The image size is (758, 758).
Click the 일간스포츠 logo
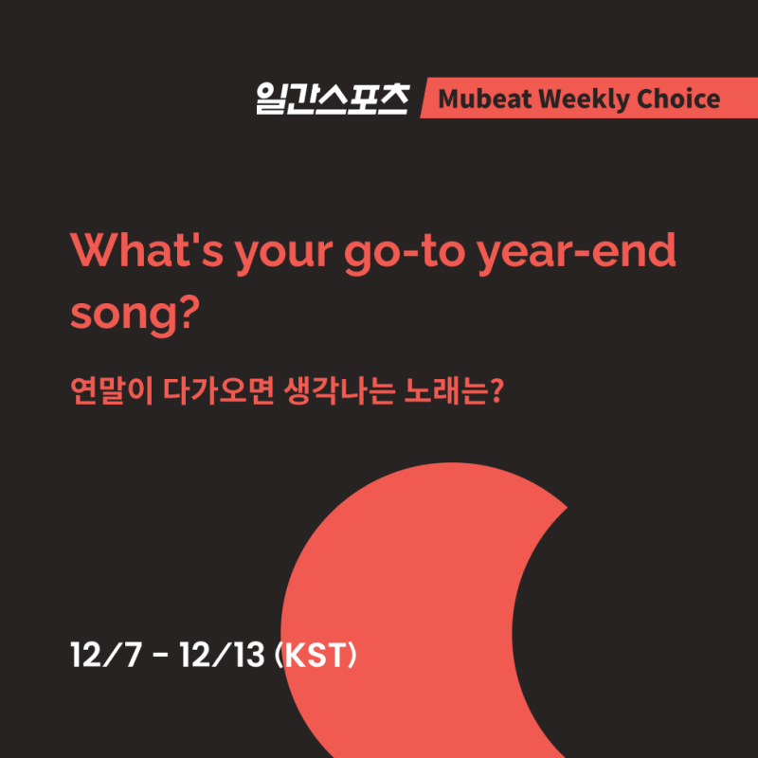pos(333,99)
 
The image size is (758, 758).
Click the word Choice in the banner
pos(678,99)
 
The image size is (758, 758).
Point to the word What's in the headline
pos(147,250)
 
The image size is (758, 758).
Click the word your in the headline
pos(283,255)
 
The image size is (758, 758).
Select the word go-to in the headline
pos(405,254)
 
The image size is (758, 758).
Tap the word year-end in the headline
pos(576,252)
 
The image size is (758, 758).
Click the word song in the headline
pos(123,316)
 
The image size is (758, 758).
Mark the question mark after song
pos(189,312)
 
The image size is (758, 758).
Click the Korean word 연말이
pos(112,390)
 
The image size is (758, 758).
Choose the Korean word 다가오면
pos(219,390)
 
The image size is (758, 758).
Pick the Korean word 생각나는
pos(339,390)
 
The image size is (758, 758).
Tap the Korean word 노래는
pos(445,390)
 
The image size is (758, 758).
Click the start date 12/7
pos(106,655)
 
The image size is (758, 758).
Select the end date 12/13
pos(223,655)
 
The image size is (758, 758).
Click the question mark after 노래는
pos(496,390)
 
